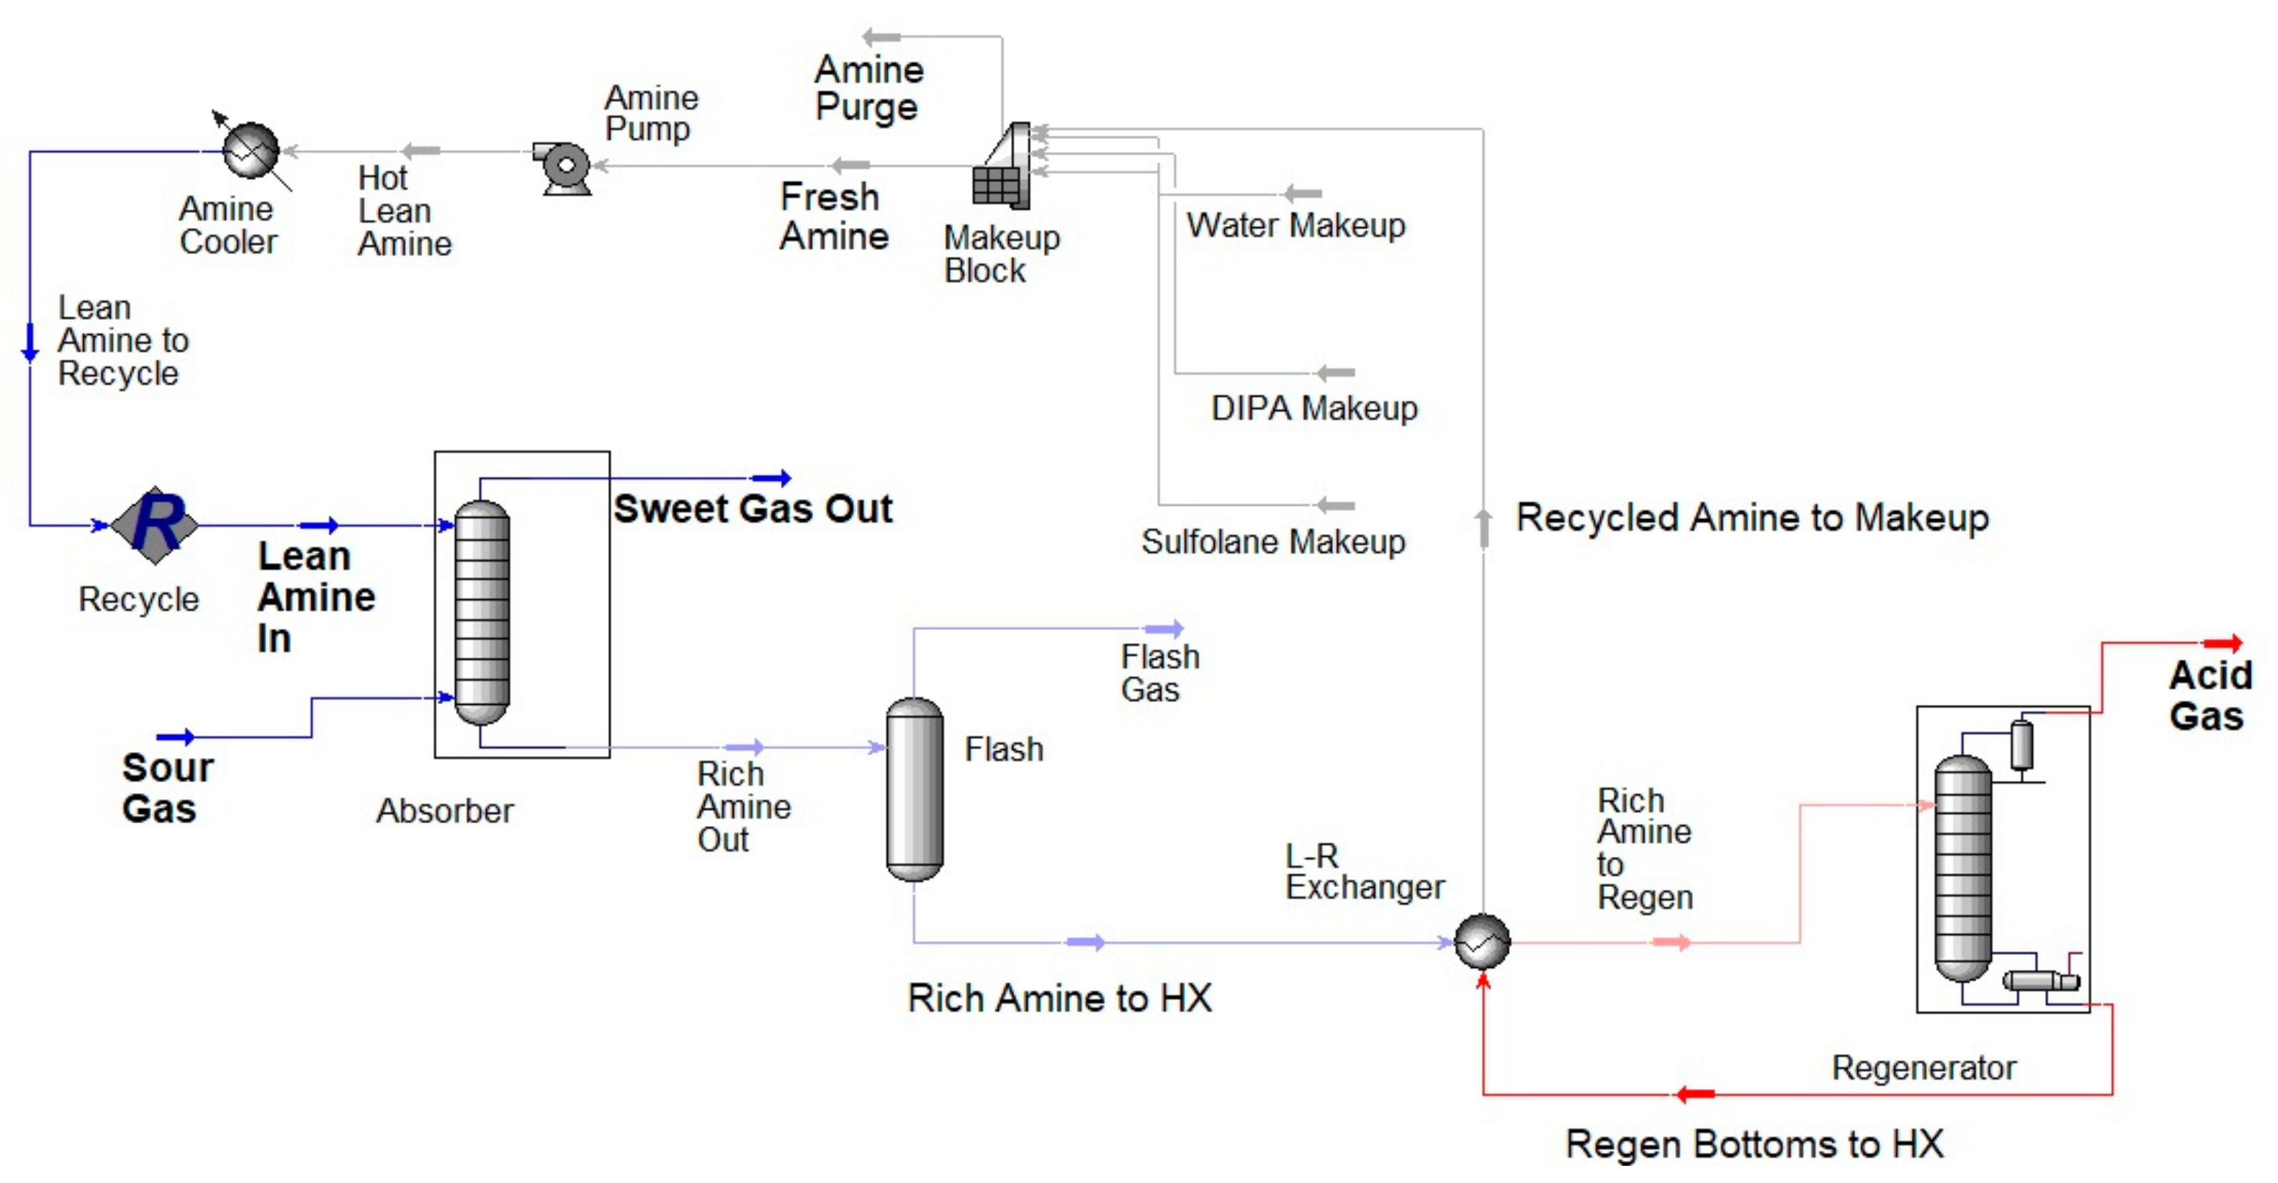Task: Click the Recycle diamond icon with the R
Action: point(155,526)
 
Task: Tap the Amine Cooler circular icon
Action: point(251,151)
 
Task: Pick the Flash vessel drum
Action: point(913,789)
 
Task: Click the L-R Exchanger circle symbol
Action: point(1482,941)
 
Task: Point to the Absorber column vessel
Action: point(481,613)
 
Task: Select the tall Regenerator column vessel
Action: point(1963,868)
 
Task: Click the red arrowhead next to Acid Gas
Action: point(2222,644)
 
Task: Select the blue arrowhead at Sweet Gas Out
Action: point(772,478)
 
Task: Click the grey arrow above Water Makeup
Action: point(1303,193)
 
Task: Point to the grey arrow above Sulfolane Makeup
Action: point(1335,505)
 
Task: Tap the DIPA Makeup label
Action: point(1314,409)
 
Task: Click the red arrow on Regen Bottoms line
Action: point(1696,1095)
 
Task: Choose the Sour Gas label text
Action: point(166,787)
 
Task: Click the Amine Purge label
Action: point(868,87)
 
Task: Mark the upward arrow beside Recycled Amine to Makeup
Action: point(1483,528)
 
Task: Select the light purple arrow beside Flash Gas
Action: point(1164,629)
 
